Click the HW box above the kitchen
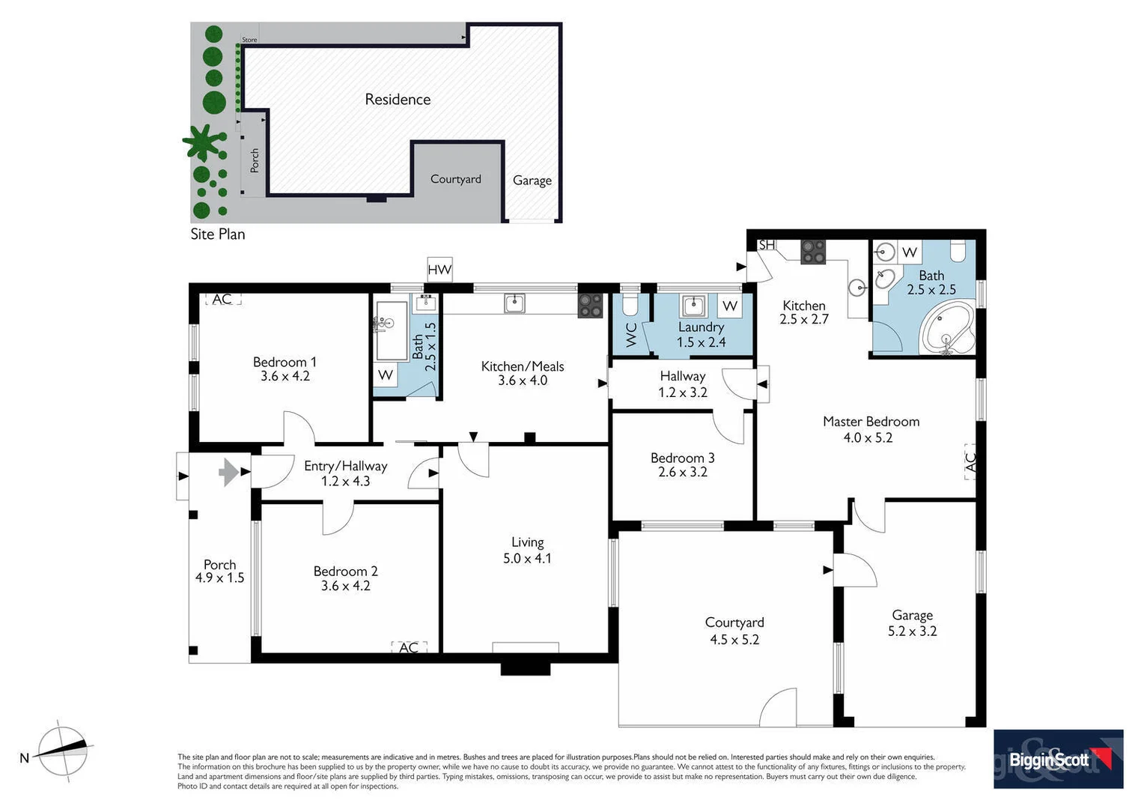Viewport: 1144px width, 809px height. click(439, 270)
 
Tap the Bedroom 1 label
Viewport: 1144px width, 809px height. click(285, 363)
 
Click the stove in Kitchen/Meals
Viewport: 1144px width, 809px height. click(590, 305)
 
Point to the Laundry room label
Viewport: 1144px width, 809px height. click(701, 327)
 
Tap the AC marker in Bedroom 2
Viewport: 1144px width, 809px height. click(409, 647)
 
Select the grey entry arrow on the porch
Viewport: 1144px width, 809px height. click(228, 473)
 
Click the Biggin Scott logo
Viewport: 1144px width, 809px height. click(1058, 759)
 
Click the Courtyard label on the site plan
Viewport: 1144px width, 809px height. click(455, 179)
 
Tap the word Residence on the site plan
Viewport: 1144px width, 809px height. click(398, 100)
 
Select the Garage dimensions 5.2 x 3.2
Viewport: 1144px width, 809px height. click(912, 631)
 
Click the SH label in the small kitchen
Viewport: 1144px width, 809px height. click(767, 245)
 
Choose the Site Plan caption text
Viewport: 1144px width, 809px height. click(217, 234)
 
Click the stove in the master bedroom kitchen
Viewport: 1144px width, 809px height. click(812, 252)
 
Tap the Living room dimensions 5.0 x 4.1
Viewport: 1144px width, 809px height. click(527, 558)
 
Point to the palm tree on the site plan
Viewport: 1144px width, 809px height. click(201, 142)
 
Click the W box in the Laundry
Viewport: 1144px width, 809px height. click(730, 306)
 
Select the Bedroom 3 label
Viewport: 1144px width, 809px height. click(682, 458)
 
